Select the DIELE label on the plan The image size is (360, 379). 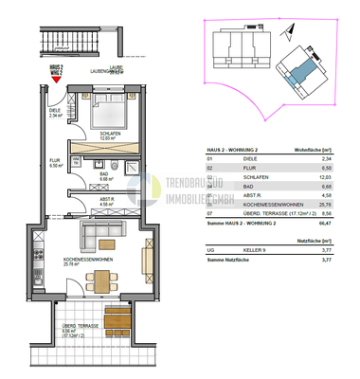[55, 112]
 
